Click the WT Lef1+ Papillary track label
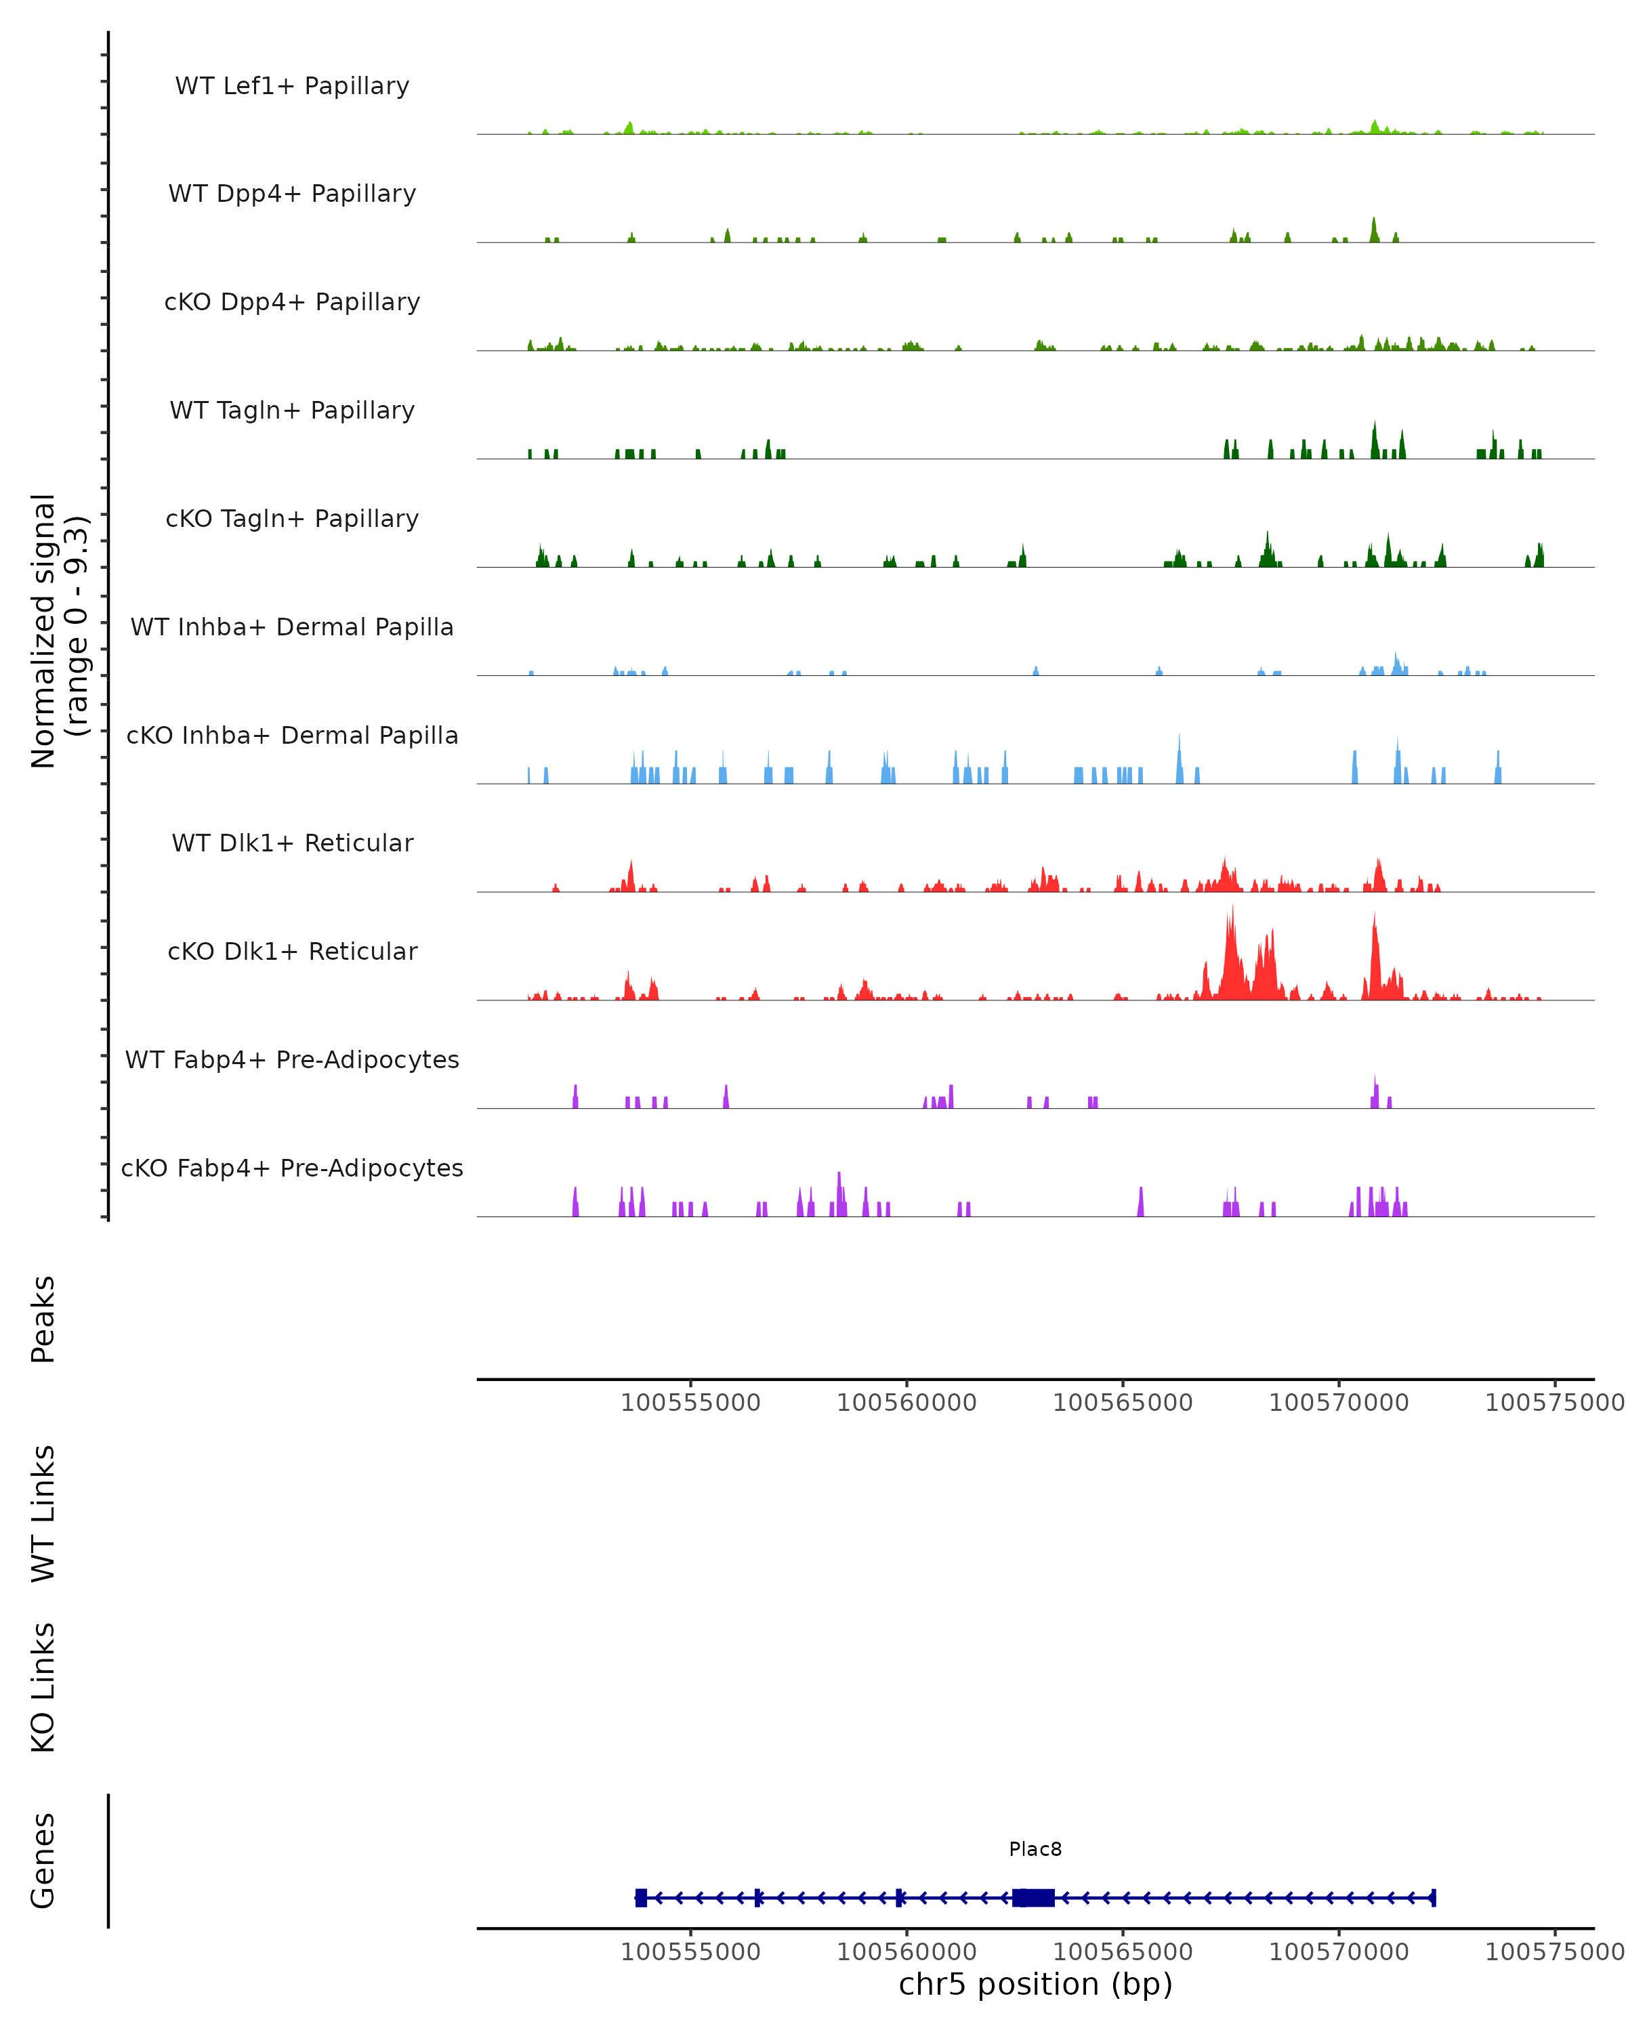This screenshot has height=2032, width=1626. [x=292, y=86]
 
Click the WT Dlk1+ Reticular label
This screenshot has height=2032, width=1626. [x=292, y=843]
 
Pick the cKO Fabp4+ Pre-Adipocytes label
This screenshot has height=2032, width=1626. [x=292, y=1168]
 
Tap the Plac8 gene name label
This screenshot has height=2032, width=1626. [x=1035, y=1849]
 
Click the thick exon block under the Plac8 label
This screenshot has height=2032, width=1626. [x=1034, y=1898]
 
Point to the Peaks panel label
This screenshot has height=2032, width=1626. [x=43, y=1319]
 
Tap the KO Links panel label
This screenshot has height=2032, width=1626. [x=43, y=1687]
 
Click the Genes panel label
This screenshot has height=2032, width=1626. [x=43, y=1861]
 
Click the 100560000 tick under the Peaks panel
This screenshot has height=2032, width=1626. [x=906, y=1403]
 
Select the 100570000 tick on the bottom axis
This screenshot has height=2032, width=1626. [x=1339, y=1952]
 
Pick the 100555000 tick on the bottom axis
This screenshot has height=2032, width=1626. [x=691, y=1952]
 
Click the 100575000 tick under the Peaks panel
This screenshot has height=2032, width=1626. [x=1554, y=1403]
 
